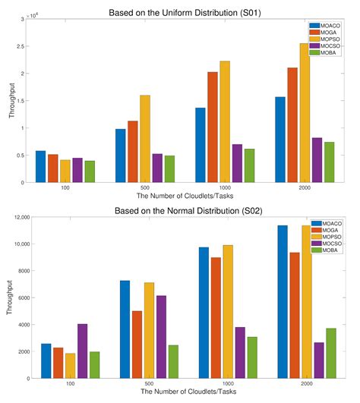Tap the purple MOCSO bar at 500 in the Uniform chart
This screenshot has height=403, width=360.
click(158, 168)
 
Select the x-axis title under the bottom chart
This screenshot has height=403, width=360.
click(181, 394)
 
